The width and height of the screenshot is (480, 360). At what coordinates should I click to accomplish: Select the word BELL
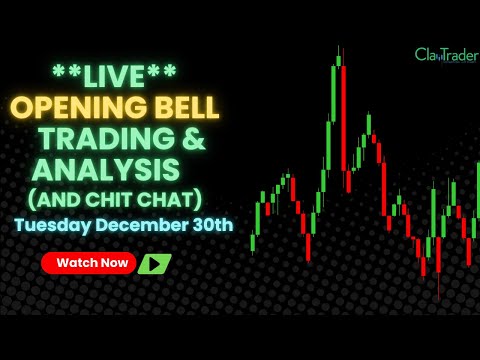coord(184,107)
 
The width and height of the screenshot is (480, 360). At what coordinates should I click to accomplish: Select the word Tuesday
coord(52,224)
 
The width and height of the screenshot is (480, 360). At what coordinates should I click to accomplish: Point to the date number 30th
coord(210,224)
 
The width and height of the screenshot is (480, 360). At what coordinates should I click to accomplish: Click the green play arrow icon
coord(154,264)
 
